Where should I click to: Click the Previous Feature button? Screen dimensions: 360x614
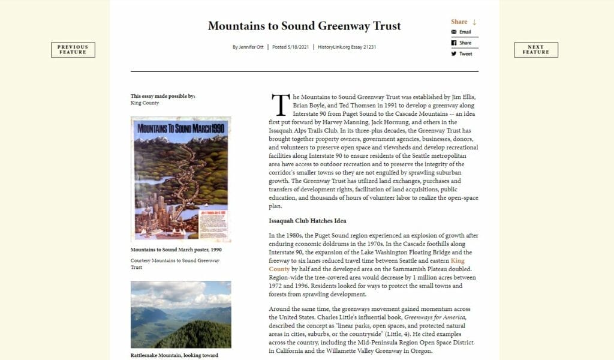tap(73, 50)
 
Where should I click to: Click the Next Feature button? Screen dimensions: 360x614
tap(535, 50)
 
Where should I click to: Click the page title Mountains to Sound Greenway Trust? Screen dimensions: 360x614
tap(304, 26)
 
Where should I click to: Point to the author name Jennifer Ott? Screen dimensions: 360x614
tap(252, 47)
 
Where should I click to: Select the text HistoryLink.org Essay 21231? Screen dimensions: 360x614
tap(347, 47)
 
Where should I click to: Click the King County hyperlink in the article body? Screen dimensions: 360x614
tap(458, 261)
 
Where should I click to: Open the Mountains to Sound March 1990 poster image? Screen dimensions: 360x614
tap(180, 179)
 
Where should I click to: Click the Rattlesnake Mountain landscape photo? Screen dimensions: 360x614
tap(180, 314)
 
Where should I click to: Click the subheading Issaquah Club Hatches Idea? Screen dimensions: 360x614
tap(308, 221)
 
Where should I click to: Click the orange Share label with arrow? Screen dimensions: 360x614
tap(463, 22)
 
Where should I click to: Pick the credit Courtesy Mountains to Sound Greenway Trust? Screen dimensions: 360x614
tap(175, 264)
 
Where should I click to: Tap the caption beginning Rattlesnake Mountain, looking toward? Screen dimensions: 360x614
tap(174, 355)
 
